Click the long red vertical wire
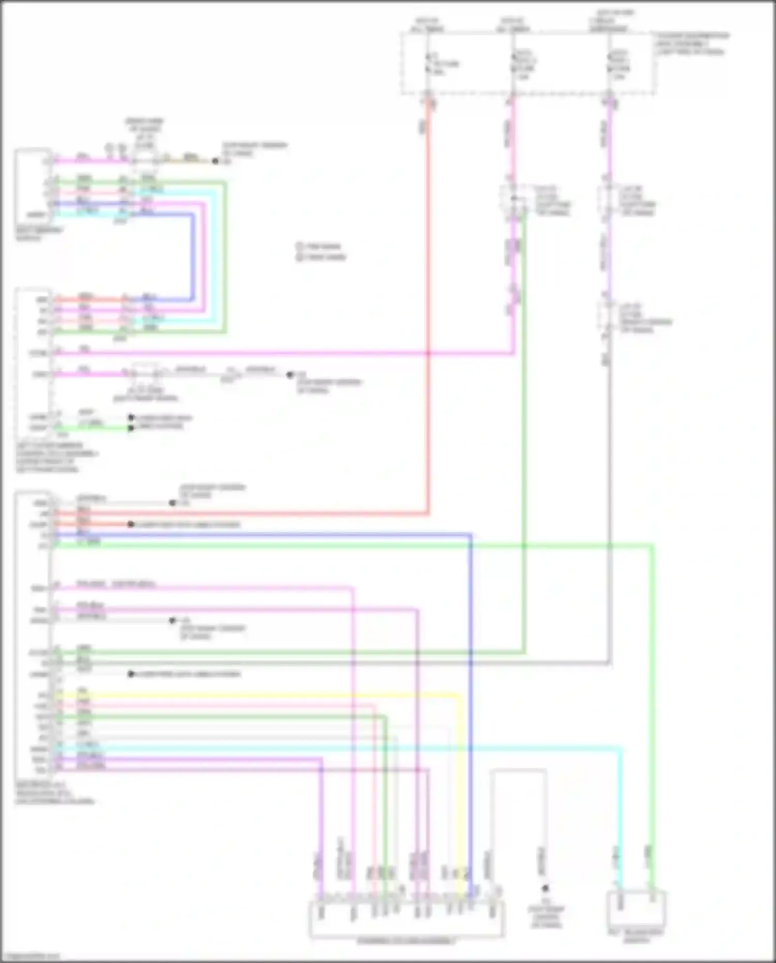[428, 310]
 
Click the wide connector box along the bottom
[406, 919]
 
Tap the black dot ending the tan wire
[215, 161]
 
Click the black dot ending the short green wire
[131, 428]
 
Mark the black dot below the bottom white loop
[545, 888]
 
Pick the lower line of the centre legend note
[321, 257]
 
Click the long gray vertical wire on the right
[609, 517]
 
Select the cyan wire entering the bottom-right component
[620, 828]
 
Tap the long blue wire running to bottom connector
[470, 673]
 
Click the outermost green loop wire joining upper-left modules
[225, 259]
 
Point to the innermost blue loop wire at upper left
[193, 259]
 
